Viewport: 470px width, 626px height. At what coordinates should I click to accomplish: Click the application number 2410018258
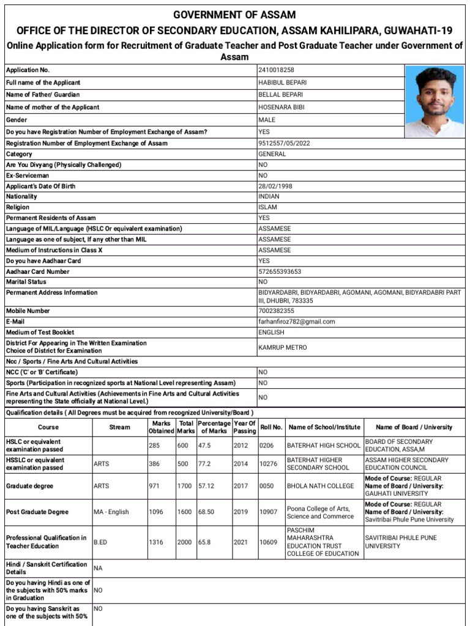[277, 70]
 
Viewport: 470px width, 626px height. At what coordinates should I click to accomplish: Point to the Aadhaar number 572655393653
[280, 271]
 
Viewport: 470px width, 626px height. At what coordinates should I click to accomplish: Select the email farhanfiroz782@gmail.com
[297, 322]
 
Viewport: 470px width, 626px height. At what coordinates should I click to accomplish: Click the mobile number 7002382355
[276, 311]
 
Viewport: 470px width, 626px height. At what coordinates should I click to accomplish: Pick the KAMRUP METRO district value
[283, 347]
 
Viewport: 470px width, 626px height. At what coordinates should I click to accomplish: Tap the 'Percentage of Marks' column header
[214, 427]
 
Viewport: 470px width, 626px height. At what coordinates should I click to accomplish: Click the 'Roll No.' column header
[271, 427]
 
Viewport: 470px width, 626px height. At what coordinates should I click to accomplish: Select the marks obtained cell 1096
[156, 512]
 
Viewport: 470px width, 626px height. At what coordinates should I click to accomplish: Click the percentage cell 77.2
[204, 464]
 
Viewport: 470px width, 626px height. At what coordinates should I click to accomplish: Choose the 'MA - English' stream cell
[111, 512]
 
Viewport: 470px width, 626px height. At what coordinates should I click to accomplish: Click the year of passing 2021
[241, 542]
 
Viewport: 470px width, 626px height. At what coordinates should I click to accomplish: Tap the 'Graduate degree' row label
[29, 486]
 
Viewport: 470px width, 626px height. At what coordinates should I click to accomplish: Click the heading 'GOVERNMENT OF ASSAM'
[234, 15]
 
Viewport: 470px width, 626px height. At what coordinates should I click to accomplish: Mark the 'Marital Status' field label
[26, 282]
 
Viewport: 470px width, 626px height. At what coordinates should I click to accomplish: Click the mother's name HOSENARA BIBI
[281, 107]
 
